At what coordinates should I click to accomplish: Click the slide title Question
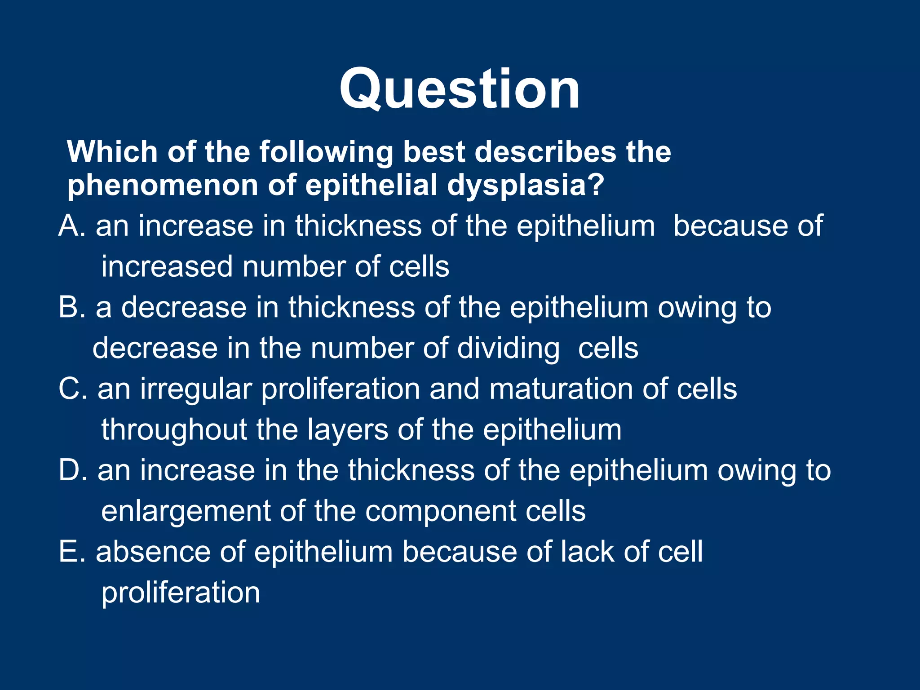click(460, 89)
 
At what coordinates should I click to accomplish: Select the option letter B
click(68, 308)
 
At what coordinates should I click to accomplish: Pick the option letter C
click(69, 389)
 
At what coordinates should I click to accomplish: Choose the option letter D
click(69, 471)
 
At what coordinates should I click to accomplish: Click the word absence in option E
click(153, 552)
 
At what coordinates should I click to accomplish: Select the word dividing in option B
click(508, 349)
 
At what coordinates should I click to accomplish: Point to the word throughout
click(174, 430)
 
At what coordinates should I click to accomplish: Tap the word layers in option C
click(348, 430)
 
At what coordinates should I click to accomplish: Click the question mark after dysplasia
click(596, 186)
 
